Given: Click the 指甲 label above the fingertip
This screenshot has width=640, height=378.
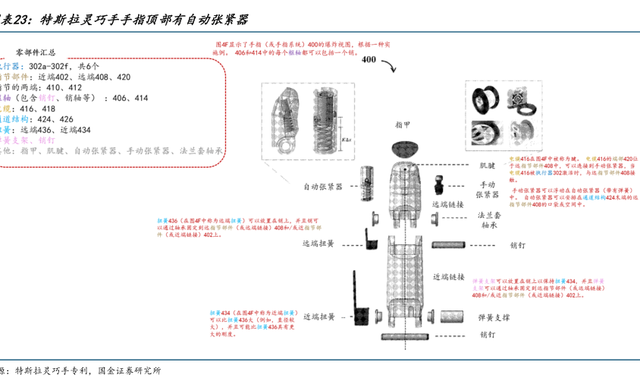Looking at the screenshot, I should point(403,125).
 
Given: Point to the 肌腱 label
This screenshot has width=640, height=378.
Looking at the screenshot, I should point(486,165).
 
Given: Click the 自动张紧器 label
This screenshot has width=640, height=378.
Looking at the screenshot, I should point(323,186).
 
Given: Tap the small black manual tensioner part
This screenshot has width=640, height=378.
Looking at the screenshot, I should point(439,184).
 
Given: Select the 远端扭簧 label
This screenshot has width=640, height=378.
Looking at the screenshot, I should point(318,244).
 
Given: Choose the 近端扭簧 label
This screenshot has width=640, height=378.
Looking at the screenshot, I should point(318,317).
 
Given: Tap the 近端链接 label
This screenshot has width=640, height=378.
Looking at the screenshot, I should point(448,277).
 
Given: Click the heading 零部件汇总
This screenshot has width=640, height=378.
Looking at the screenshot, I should point(40,52).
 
